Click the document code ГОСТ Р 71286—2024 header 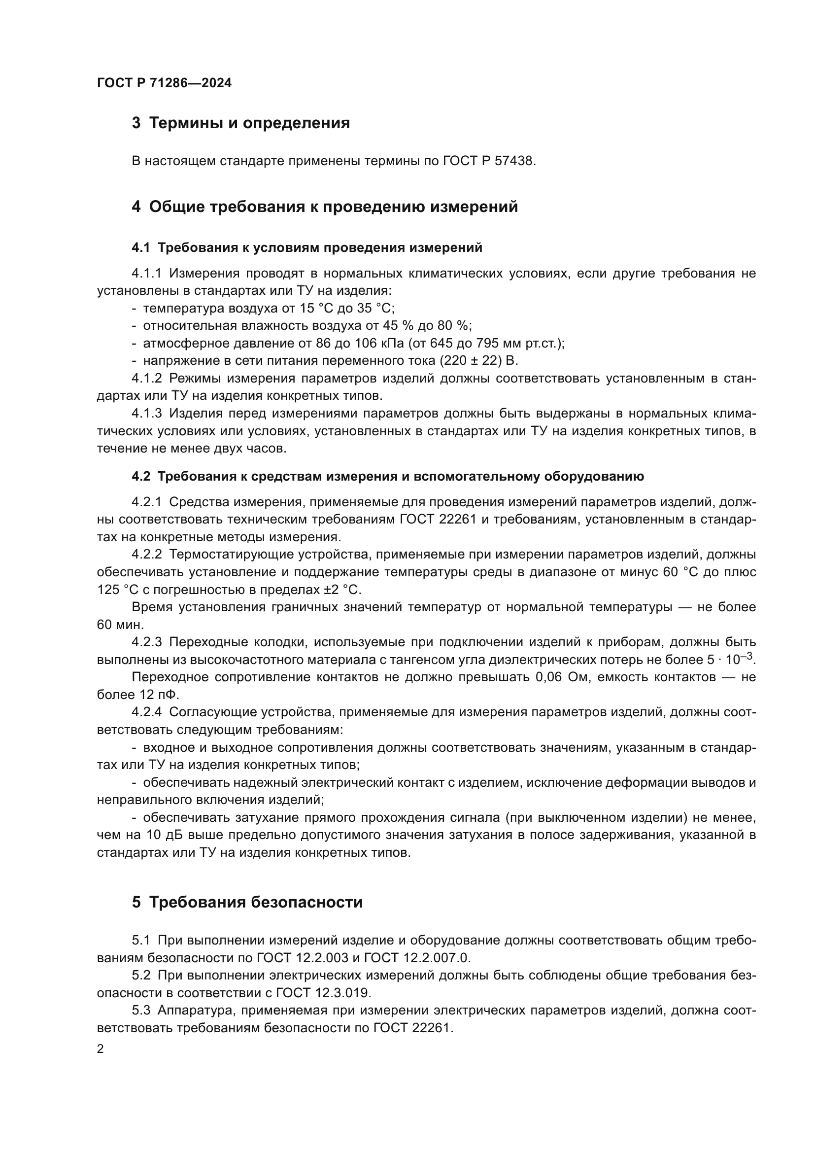coord(164,83)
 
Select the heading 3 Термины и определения coord(241,123)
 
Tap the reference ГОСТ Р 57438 coord(489,161)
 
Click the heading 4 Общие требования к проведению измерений coord(325,207)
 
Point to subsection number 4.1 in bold coord(140,247)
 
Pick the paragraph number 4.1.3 coord(146,413)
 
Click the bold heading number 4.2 coord(140,477)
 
